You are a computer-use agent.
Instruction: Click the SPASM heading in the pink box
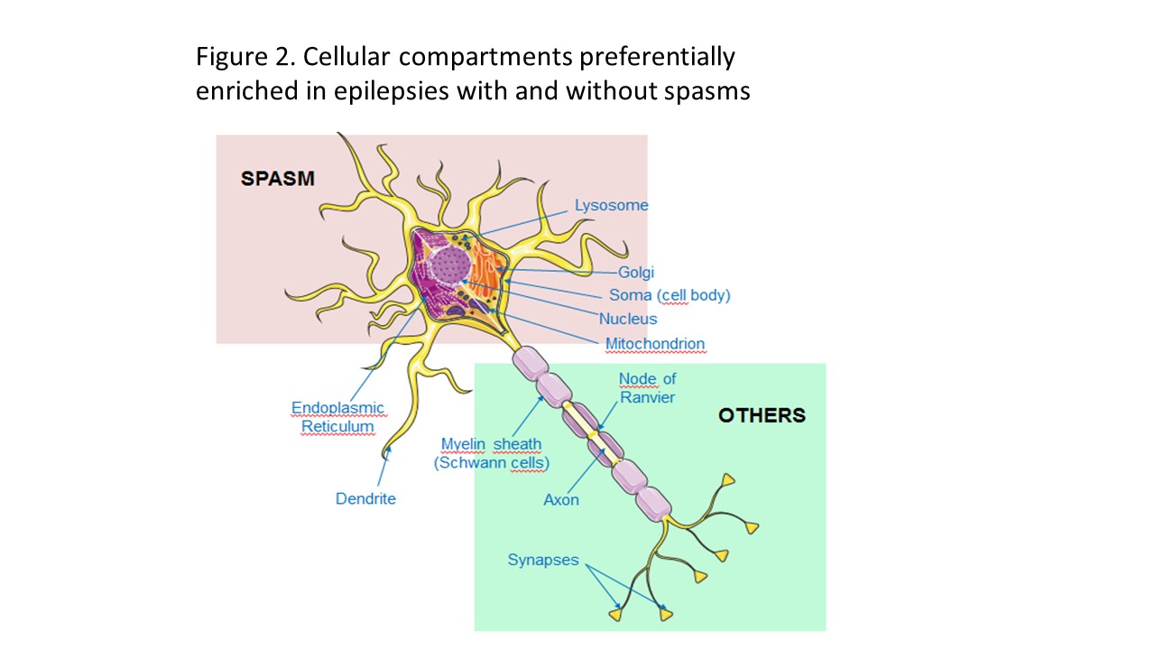coord(277,179)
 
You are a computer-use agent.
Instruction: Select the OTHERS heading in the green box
coord(762,415)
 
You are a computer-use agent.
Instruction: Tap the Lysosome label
coord(612,205)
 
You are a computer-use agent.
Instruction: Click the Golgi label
coord(636,272)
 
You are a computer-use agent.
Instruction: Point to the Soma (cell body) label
coord(670,295)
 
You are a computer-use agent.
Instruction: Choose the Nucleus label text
coord(628,319)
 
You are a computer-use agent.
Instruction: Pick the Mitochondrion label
coord(655,343)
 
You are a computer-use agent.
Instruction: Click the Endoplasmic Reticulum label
coord(337,417)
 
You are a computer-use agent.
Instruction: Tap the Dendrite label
coord(365,498)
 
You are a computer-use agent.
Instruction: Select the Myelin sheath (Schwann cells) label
coord(492,453)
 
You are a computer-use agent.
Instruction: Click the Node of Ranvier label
coord(647,388)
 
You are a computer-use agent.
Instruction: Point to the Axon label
coord(561,499)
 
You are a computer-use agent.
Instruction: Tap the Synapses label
coord(543,560)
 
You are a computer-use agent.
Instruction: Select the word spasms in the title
coord(704,90)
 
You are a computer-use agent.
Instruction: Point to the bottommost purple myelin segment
coord(654,501)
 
